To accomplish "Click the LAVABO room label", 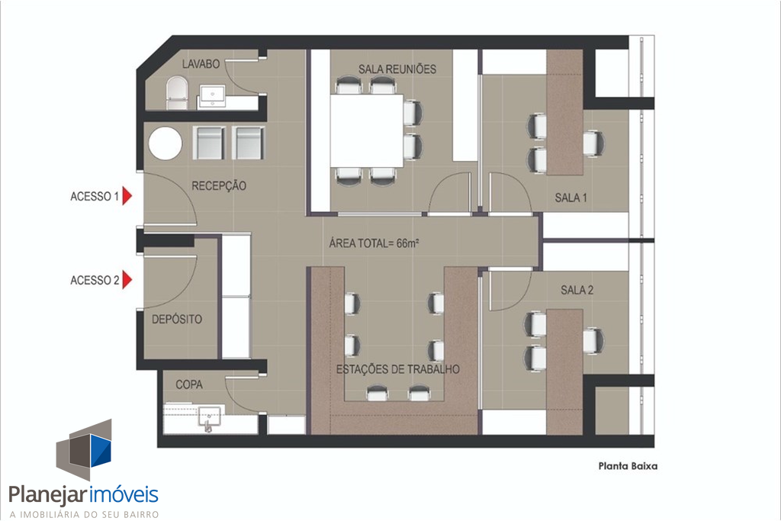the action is pos(201,64).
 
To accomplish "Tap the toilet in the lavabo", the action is pos(177,92).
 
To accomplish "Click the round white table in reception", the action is pos(166,144).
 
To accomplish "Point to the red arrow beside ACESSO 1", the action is pos(127,196).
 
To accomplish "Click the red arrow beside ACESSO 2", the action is pos(127,280).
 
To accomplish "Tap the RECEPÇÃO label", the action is pos(219,186).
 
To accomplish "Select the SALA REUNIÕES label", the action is pos(397,69).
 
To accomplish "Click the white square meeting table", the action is pos(367,130).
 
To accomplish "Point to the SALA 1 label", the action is pos(570,198).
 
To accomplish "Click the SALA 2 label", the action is pos(577,290).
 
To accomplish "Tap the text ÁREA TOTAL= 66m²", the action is pos(374,243).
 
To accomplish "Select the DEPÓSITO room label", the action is pos(177,320).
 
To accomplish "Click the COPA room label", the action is pos(189,384).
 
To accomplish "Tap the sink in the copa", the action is pos(211,418).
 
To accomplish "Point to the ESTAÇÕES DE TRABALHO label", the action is pos(398,369).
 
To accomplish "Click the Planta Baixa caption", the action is pos(628,466).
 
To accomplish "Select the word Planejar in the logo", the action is pos(48,495).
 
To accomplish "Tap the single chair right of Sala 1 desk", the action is pos(593,143).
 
